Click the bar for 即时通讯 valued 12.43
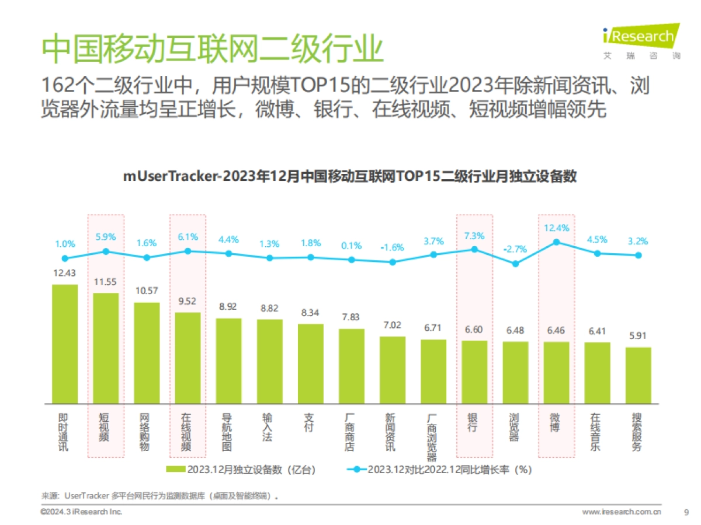65,344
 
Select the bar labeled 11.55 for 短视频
106,348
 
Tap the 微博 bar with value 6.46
556,373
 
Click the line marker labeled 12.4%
556,242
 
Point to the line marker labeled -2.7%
515,264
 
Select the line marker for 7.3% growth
474,249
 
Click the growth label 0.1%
352,246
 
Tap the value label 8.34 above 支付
311,313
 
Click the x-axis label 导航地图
228,432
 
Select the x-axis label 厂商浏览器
433,437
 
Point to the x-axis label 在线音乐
596,432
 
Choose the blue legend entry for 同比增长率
438,470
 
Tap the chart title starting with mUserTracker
349,176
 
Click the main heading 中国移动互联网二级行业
213,48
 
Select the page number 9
686,512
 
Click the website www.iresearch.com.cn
622,512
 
